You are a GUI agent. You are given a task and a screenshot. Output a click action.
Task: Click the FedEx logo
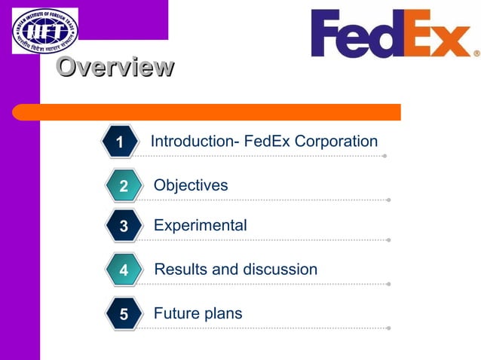point(391,34)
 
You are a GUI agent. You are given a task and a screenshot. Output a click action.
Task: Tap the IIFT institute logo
point(44,30)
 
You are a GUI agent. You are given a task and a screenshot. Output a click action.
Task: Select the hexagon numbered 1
point(120,142)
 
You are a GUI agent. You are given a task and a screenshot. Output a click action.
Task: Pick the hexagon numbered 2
point(123,186)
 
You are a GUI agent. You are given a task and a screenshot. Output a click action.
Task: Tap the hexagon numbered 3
point(123,226)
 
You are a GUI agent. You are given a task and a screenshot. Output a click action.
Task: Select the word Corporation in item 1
point(336,142)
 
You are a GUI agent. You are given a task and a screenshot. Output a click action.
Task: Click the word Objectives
point(191,185)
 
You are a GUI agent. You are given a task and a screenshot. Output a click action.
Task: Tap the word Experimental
point(200,225)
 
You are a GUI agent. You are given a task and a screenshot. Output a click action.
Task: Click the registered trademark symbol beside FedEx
point(476,53)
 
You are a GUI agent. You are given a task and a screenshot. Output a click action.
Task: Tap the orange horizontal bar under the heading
point(207,112)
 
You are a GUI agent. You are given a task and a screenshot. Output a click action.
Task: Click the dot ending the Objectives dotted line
point(388,200)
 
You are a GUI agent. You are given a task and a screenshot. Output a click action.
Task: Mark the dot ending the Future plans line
point(388,328)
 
